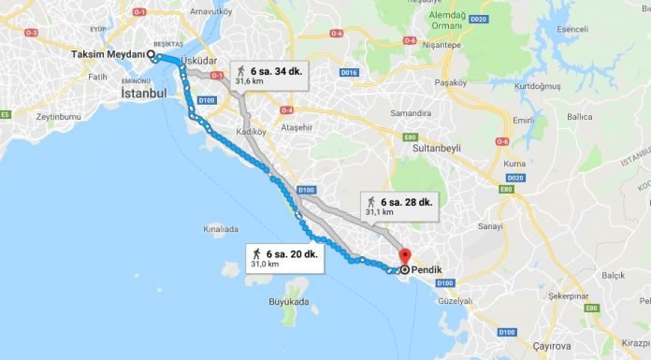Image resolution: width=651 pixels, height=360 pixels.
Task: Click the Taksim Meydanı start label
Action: coord(108,54)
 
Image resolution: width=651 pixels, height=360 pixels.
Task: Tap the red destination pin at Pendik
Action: coord(404,255)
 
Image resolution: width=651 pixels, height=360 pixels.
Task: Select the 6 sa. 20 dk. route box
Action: coord(285,258)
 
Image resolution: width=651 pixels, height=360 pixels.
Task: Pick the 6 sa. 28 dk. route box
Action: coord(399,207)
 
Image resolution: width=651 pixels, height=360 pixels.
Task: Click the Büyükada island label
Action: coord(288,302)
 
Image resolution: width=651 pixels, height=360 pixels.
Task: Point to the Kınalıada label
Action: coord(221,228)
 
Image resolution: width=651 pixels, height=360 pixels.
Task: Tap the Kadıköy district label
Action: coord(253,133)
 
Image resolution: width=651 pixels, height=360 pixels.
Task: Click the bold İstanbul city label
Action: coord(143,94)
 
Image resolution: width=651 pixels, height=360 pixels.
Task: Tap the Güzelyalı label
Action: coord(456,301)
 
